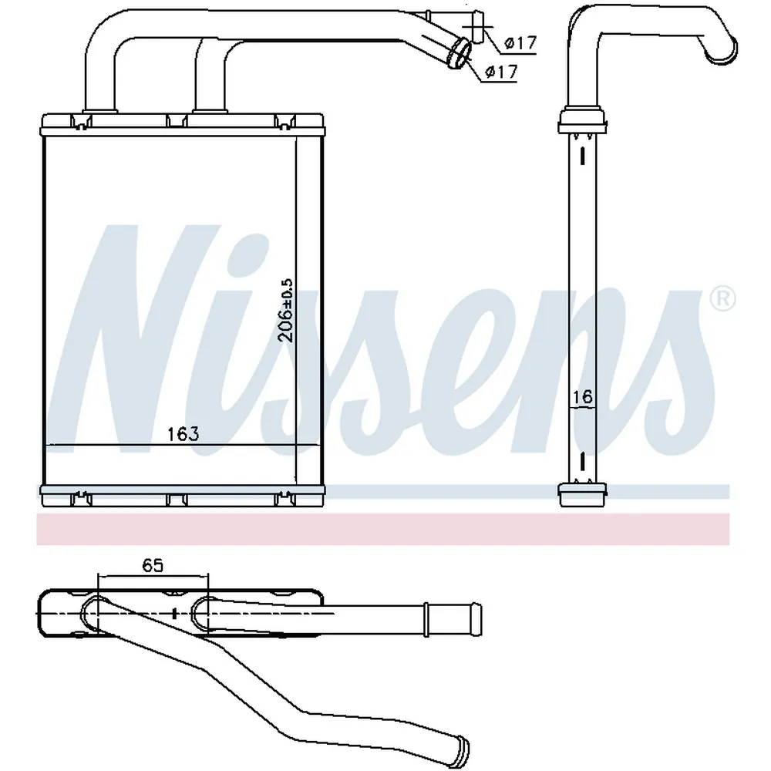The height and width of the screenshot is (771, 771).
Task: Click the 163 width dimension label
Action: [x=183, y=434]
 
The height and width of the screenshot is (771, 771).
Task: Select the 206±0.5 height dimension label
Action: [x=285, y=310]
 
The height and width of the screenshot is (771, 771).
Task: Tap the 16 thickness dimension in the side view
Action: [x=583, y=397]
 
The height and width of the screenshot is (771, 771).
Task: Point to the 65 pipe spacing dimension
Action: [x=153, y=566]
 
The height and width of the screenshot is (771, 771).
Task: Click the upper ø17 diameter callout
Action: [x=520, y=42]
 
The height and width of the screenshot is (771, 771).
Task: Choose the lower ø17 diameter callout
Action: [x=501, y=72]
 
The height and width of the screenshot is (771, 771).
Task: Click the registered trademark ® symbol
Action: [x=723, y=299]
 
